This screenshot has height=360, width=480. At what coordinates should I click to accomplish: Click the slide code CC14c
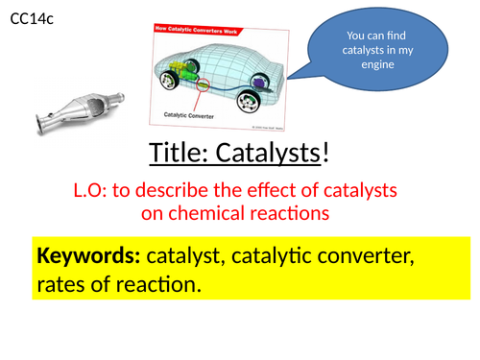(x=34, y=16)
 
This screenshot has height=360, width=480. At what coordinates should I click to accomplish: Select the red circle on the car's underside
(x=202, y=86)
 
